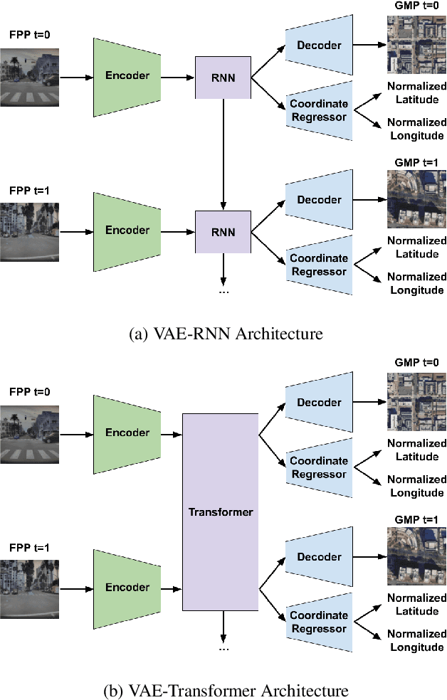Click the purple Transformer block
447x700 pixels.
click(220, 511)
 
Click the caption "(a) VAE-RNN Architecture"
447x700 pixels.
click(223, 334)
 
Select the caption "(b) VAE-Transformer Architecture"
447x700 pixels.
click(223, 690)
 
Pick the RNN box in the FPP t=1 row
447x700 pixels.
click(223, 231)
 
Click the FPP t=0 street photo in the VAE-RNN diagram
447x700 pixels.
click(30, 75)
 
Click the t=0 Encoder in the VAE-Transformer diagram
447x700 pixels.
click(127, 433)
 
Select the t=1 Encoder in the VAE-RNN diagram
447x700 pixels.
click(127, 230)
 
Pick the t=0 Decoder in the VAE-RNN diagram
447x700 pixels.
click(319, 46)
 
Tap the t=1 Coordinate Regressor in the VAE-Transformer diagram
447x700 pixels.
click(319, 622)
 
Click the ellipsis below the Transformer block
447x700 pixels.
click(223, 648)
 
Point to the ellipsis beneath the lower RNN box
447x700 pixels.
click(223, 291)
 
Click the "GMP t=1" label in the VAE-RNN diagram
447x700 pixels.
click(416, 162)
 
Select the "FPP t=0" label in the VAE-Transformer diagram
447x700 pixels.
click(30, 391)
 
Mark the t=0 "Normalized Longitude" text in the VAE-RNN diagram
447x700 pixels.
click(416, 129)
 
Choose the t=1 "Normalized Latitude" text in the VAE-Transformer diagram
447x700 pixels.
click(416, 605)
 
